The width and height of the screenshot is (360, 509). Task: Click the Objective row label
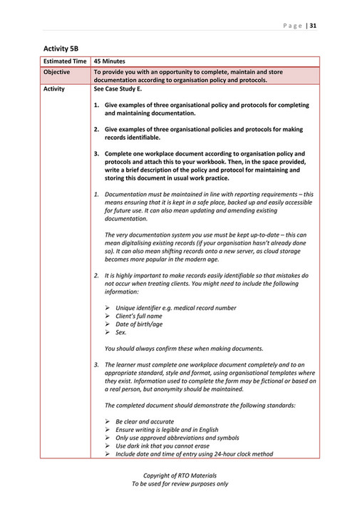(57, 73)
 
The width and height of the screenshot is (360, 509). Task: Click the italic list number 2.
(96, 274)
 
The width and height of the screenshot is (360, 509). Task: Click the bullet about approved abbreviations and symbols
(177, 438)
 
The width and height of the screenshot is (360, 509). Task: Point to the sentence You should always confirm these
(183, 348)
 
